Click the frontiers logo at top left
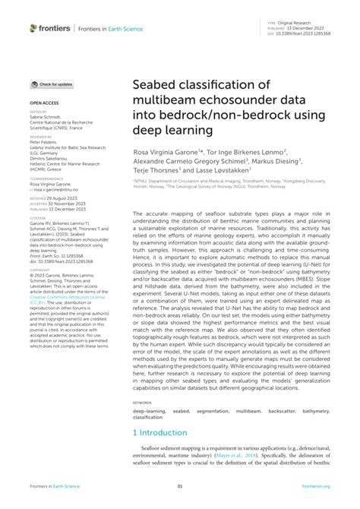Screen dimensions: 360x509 [x=49, y=27]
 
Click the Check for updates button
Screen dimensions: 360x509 [x=52, y=84]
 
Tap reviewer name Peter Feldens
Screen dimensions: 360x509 [x=46, y=141]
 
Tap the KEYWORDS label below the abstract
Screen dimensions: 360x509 [x=142, y=402]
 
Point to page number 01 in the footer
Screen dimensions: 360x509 [x=180, y=486]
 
